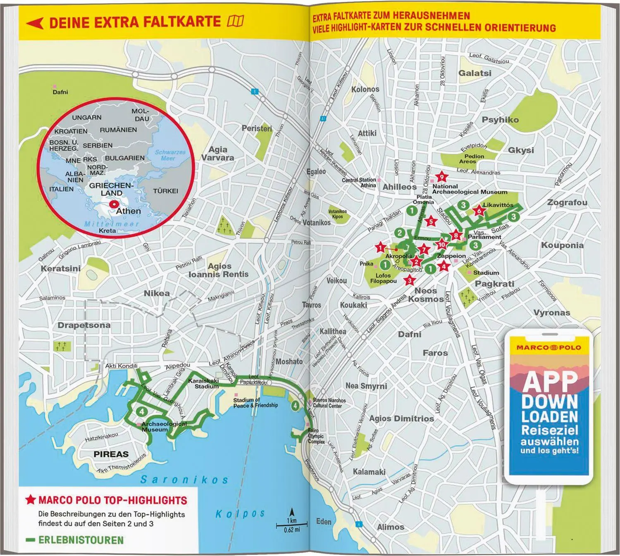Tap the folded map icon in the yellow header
tap(236, 21)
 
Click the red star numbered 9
tap(441, 177)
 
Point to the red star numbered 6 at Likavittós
tap(479, 211)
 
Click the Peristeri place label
tap(257, 128)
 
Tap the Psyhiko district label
tap(500, 120)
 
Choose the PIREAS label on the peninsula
tap(111, 454)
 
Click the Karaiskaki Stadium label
tap(203, 383)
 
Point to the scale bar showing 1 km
tap(292, 525)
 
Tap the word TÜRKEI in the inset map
tap(165, 191)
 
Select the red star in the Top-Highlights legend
tap(31, 500)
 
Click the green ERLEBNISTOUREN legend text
tap(81, 540)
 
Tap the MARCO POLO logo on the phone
tap(548, 347)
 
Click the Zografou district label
tap(567, 202)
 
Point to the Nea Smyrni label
tap(366, 386)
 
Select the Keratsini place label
tap(60, 268)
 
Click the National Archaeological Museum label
tap(470, 189)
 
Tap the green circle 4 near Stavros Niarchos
tap(295, 406)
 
